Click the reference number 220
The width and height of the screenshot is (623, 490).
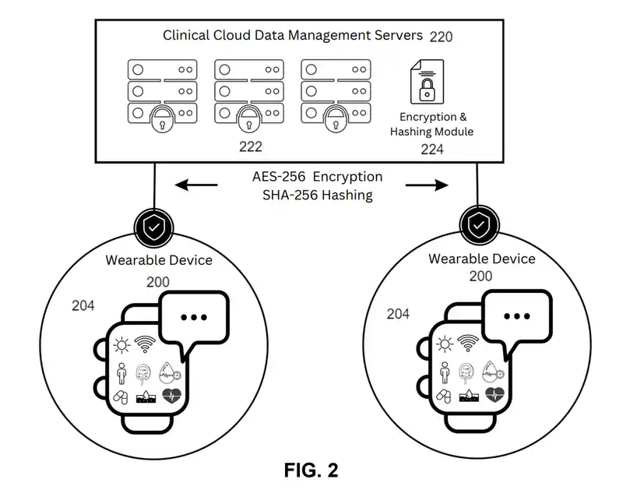[440, 37]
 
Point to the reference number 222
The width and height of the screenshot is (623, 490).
[251, 146]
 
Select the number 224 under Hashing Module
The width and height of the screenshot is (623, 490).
[431, 149]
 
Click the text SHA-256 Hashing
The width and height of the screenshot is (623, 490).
[318, 195]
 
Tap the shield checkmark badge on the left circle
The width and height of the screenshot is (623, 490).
[154, 227]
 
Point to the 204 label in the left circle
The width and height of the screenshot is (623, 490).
[83, 306]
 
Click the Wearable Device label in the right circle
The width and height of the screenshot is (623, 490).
[482, 259]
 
